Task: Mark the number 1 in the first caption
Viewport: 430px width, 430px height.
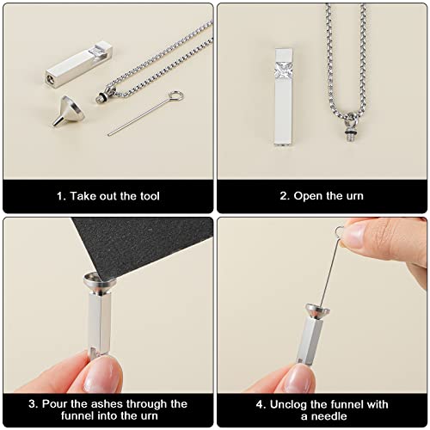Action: (60, 196)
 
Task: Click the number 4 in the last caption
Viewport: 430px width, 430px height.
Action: (258, 403)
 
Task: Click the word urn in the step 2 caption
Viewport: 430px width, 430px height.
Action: (353, 196)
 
